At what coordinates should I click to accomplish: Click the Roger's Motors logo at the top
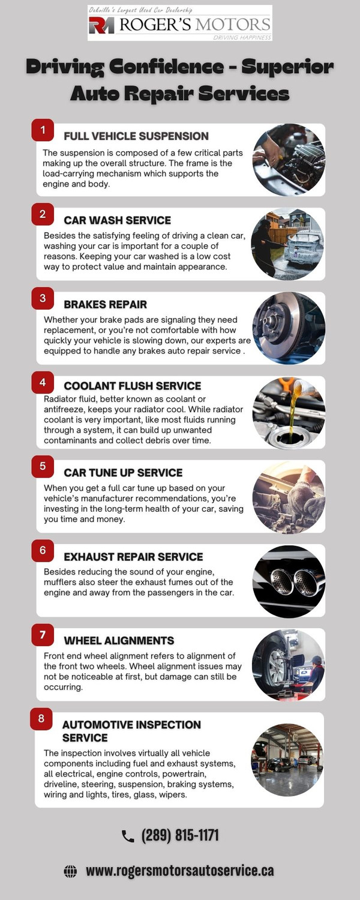[179, 23]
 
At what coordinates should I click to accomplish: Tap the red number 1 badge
[43, 129]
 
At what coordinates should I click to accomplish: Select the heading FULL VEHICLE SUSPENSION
[136, 136]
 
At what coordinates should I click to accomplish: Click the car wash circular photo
[289, 244]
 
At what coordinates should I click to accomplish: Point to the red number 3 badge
[43, 298]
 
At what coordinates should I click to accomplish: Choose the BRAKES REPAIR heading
[106, 304]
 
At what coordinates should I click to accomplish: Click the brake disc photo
[289, 328]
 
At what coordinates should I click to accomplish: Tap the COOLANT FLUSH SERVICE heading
[133, 386]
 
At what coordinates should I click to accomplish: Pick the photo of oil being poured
[289, 412]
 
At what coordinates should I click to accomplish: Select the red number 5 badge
[43, 466]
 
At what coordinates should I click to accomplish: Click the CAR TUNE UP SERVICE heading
[123, 473]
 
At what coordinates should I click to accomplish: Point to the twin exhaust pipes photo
[289, 580]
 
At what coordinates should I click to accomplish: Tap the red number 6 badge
[43, 550]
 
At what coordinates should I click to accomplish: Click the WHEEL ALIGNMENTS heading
[119, 641]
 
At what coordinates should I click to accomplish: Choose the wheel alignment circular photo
[289, 665]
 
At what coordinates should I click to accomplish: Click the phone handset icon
[128, 836]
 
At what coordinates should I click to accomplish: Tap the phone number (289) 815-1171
[180, 835]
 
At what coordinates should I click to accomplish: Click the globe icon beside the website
[70, 871]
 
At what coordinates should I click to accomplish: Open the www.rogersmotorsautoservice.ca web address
[180, 871]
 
